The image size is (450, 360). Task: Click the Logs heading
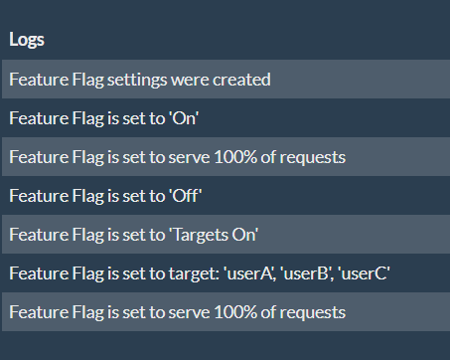[x=27, y=40]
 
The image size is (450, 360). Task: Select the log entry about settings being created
[x=140, y=79]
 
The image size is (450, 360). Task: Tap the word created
[x=242, y=79]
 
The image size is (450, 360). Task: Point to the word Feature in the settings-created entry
[x=35, y=79]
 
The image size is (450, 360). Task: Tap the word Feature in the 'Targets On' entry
[x=35, y=234]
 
